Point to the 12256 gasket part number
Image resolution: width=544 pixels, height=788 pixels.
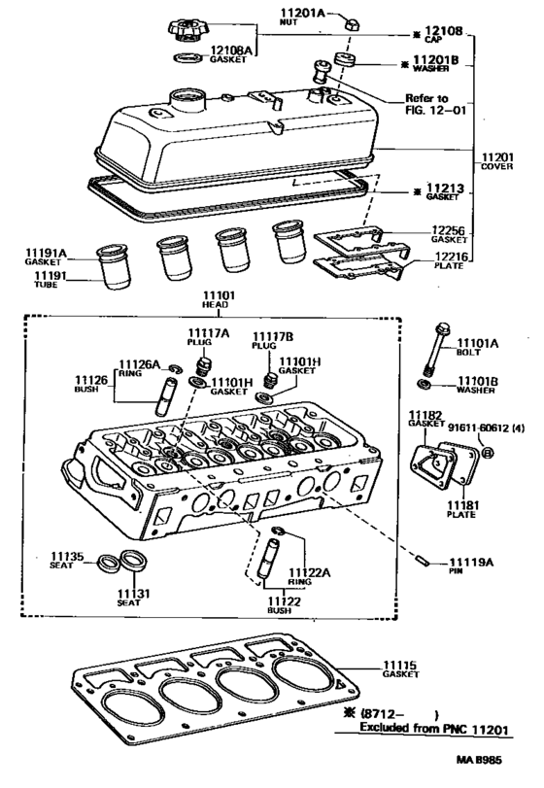pyautogui.click(x=436, y=229)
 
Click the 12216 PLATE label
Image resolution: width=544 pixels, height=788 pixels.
pyautogui.click(x=436, y=258)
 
